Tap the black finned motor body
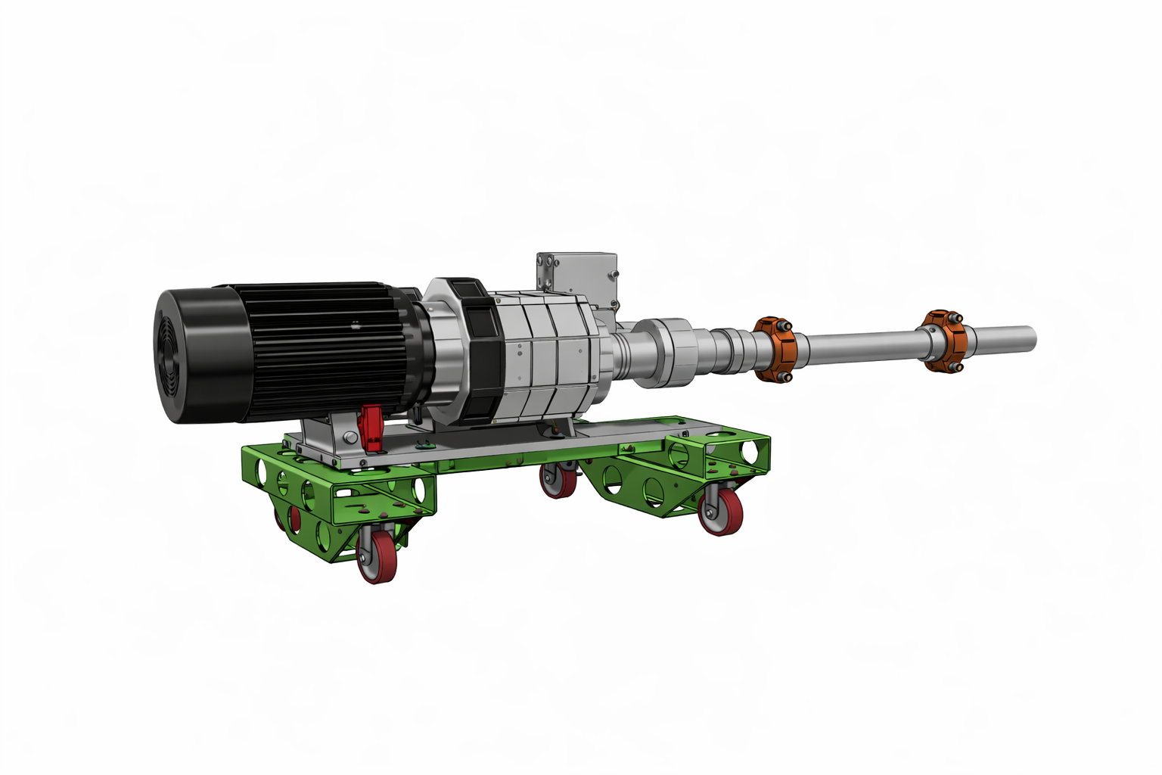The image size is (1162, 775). pyautogui.click(x=325, y=348)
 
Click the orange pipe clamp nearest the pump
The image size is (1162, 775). pyautogui.click(x=774, y=349)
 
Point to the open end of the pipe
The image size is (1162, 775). pyautogui.click(x=1030, y=338)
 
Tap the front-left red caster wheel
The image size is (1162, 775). pyautogui.click(x=376, y=557)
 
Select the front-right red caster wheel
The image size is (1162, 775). pyautogui.click(x=720, y=512)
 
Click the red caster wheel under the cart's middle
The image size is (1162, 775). pyautogui.click(x=558, y=481)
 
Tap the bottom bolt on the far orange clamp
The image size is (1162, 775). pyautogui.click(x=955, y=367)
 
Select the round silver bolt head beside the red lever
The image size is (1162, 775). pyautogui.click(x=349, y=437)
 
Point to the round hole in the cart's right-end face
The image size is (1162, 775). pyautogui.click(x=750, y=451)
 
